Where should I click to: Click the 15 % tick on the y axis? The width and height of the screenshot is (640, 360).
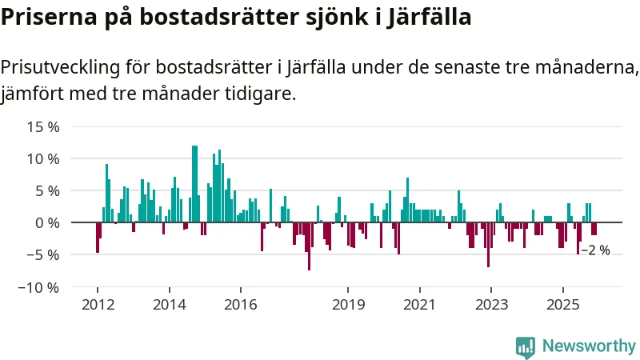[43, 127]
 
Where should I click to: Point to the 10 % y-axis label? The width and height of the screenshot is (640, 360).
[43, 159]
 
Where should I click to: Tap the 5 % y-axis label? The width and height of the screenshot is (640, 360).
[47, 191]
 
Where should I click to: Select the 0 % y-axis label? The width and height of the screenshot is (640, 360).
[47, 223]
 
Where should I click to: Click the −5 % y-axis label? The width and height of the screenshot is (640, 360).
[43, 255]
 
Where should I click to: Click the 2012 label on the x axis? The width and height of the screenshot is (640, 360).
[98, 304]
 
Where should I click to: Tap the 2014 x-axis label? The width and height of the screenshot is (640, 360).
[169, 304]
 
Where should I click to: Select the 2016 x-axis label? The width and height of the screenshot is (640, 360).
[241, 304]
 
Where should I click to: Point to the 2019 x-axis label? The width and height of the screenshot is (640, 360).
[348, 304]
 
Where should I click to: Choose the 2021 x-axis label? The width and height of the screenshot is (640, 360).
[419, 304]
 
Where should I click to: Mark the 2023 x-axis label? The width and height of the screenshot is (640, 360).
[491, 304]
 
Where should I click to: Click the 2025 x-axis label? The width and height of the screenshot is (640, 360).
[562, 304]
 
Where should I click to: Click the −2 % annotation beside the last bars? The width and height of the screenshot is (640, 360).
[595, 250]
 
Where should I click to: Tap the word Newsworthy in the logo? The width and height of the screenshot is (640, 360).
[589, 346]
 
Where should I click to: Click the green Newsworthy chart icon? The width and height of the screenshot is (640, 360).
[526, 346]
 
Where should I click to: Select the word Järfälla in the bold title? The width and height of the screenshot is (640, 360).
[426, 17]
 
